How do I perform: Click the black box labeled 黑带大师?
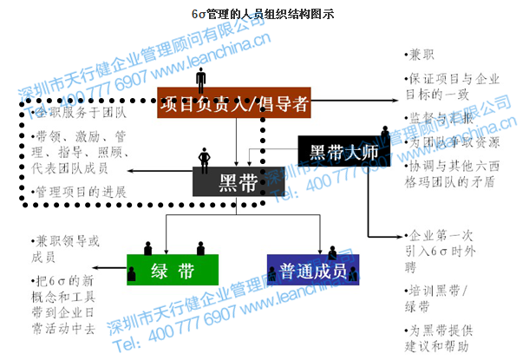(342, 153)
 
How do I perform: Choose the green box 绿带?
(173, 271)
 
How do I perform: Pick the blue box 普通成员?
(313, 271)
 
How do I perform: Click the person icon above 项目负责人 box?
(201, 80)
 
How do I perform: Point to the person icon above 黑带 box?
(206, 159)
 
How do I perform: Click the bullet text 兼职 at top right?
(422, 54)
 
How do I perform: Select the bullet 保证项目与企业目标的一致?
(452, 84)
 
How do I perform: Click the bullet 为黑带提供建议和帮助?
(451, 337)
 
